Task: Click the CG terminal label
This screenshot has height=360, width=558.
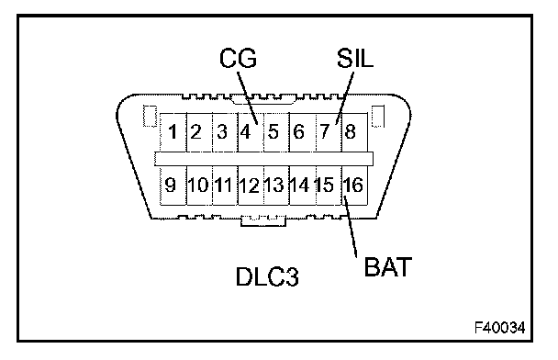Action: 238,58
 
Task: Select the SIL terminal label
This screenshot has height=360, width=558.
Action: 355,58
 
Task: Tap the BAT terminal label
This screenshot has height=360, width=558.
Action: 388,266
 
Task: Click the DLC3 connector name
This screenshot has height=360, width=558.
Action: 267,276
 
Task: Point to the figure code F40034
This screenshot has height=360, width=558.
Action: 500,328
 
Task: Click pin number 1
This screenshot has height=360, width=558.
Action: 173,131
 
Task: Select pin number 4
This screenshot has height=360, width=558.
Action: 245,131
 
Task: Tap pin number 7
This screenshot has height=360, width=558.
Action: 325,131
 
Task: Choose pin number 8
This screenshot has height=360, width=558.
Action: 351,131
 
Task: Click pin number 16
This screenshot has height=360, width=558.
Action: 353,186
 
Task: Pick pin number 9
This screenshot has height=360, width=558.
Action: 171,186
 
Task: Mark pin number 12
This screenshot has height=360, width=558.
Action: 249,186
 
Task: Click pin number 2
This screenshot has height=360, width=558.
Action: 195,131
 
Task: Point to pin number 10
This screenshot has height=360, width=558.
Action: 198,186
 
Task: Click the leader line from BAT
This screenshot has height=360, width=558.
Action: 351,226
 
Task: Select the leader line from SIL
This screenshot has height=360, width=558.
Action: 345,98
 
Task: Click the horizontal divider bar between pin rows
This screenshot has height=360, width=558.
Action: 263,159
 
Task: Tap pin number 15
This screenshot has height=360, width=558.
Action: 325,186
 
